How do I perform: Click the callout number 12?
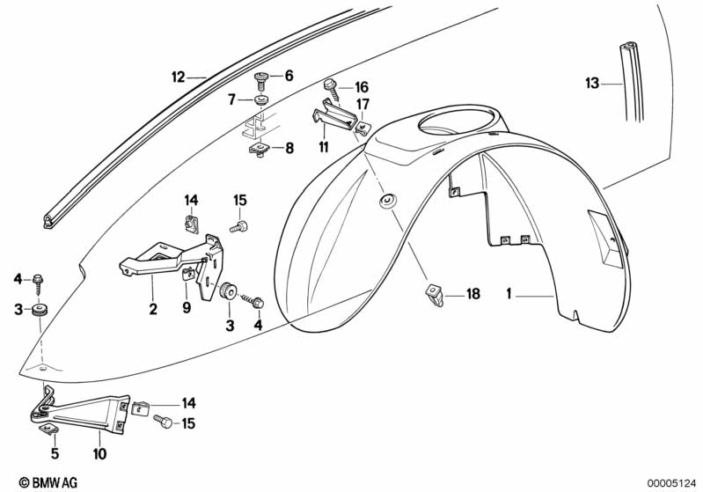178,77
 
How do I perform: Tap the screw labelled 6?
261,81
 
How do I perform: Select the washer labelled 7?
260,99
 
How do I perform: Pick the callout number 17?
362,104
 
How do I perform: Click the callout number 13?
592,83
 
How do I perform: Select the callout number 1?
509,294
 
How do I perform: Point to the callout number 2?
153,309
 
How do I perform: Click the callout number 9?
187,307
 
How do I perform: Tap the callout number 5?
55,453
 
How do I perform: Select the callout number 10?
99,453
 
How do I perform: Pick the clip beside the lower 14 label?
140,408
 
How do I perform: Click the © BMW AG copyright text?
48,482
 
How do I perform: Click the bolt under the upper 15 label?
239,226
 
